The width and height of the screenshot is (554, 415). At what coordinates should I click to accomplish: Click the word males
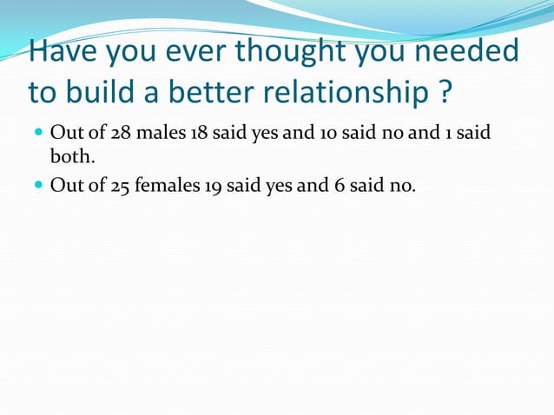pyautogui.click(x=161, y=135)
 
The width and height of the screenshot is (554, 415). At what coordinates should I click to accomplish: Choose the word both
pyautogui.click(x=69, y=155)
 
